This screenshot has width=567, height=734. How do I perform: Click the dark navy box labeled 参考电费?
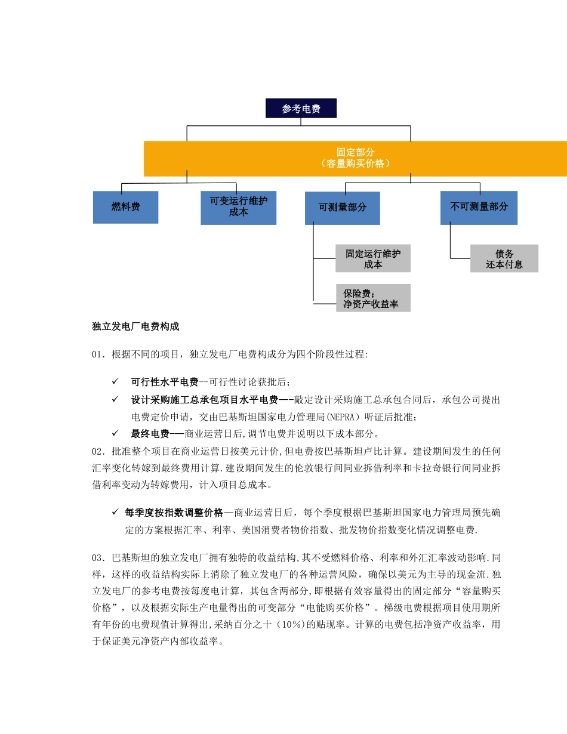coord(301,109)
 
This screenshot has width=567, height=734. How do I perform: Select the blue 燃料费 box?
coord(125,207)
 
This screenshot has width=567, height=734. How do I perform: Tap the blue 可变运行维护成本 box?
coord(238,207)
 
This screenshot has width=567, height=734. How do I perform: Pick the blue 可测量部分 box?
coord(342,208)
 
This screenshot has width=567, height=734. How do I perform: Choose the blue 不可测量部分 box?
coord(479,207)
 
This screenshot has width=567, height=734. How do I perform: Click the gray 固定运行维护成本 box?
coord(373,259)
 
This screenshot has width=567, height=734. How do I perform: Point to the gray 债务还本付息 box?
coord(504,259)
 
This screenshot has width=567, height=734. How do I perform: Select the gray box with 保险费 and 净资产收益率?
coord(373,298)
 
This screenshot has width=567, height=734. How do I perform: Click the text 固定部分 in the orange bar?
coord(355,152)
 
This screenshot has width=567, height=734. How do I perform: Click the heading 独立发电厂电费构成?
coord(135,326)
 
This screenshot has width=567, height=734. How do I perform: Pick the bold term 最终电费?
coord(150,433)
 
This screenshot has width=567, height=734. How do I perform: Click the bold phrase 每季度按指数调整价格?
coord(174,513)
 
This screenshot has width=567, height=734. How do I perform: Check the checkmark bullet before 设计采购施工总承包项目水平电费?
coord(115,399)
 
